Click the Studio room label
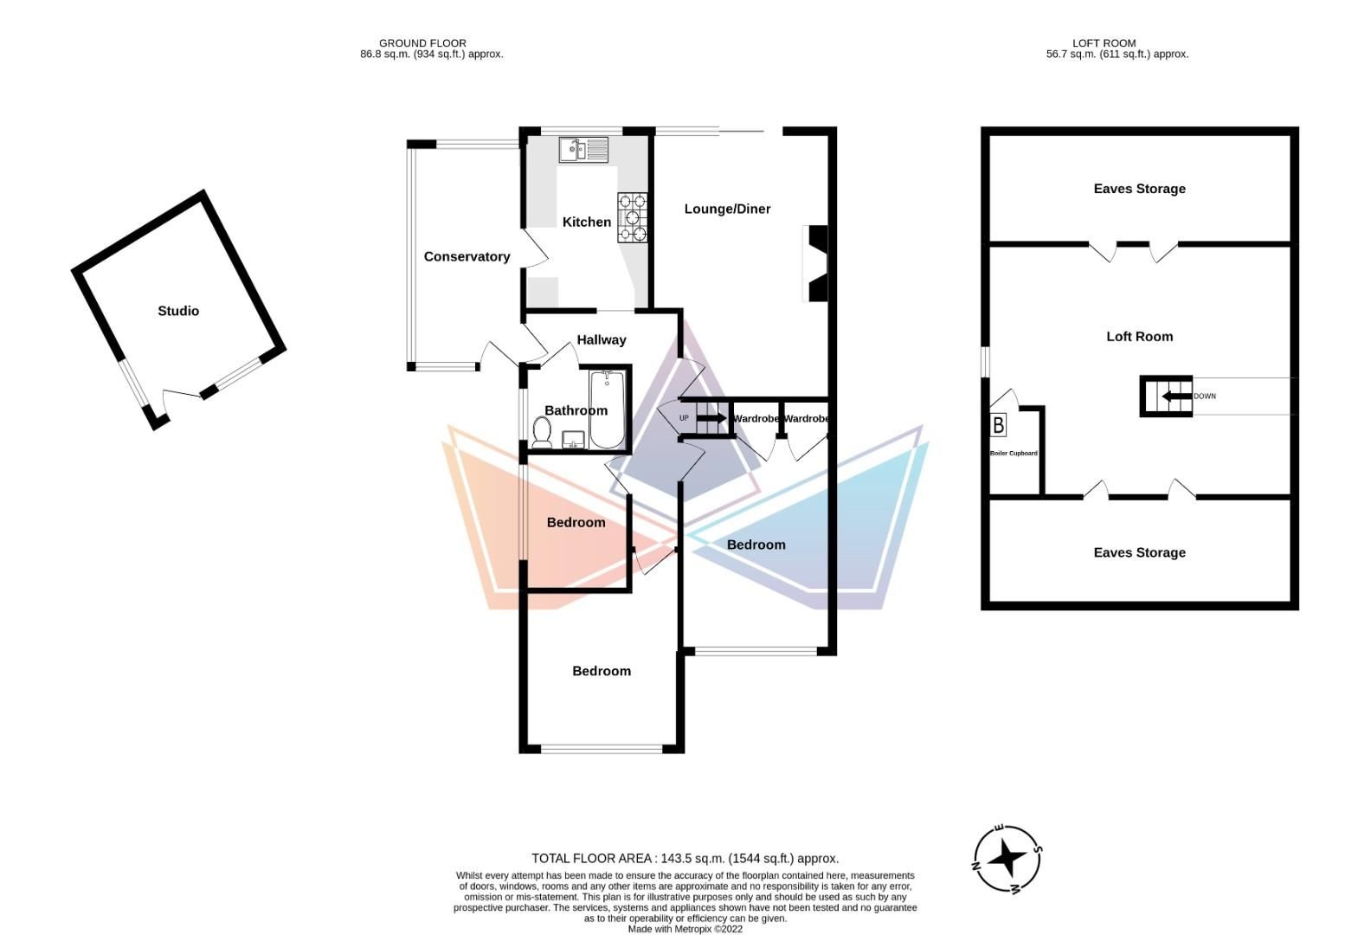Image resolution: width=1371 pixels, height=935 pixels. click(x=178, y=311)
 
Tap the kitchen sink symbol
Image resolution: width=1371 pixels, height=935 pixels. click(x=583, y=149)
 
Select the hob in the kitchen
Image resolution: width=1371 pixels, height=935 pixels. click(x=633, y=217)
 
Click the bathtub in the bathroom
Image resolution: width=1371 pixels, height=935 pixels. click(x=608, y=409)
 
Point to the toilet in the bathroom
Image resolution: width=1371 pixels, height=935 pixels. click(x=542, y=432)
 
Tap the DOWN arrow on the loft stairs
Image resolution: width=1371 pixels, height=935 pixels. click(x=1175, y=397)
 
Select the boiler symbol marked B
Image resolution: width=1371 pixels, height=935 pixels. click(x=999, y=424)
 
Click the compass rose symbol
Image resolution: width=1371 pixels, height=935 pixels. click(x=1007, y=859)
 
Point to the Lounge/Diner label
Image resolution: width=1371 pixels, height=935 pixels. click(x=727, y=209)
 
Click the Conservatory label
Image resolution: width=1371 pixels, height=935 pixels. click(x=467, y=256)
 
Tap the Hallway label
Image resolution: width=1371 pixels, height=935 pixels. click(x=602, y=339)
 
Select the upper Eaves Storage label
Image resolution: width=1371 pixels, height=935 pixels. click(x=1139, y=189)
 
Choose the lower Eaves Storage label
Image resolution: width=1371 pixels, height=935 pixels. click(x=1139, y=552)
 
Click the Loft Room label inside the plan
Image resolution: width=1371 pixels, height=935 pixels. click(x=1139, y=337)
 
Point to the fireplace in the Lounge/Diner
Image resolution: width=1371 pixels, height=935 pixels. click(x=817, y=263)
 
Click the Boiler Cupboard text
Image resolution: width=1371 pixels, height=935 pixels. click(x=1014, y=454)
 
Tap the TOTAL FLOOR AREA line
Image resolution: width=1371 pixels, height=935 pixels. click(x=685, y=859)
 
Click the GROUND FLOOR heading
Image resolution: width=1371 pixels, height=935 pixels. click(x=422, y=42)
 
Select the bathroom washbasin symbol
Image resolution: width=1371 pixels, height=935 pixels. click(x=573, y=440)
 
